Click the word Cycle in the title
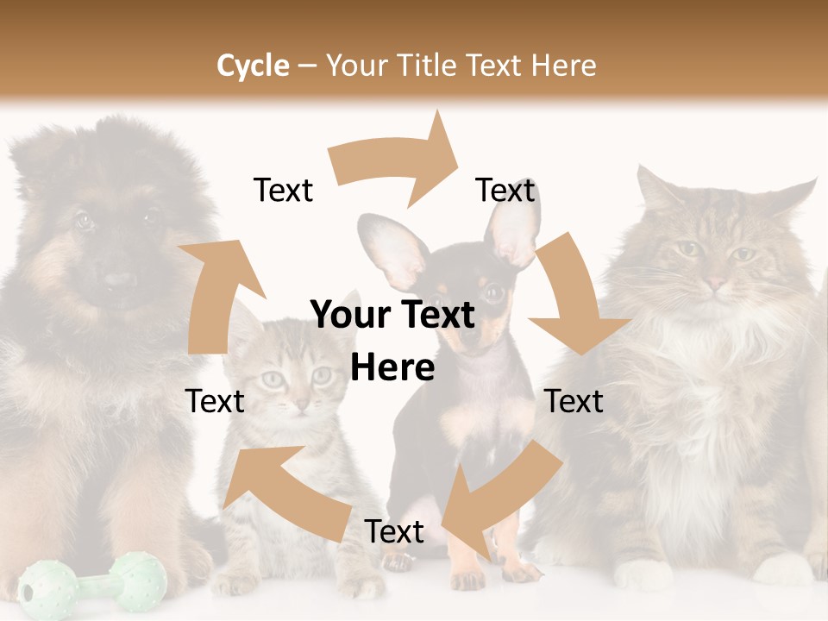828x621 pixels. [x=253, y=66]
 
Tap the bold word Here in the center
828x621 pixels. [x=392, y=368]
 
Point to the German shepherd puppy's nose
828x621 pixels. [x=120, y=280]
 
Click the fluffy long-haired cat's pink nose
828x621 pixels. [x=716, y=282]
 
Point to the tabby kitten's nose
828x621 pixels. [x=299, y=404]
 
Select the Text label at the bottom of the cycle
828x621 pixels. [x=394, y=532]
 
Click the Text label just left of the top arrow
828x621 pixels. [x=283, y=190]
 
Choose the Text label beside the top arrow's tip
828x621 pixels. [x=505, y=190]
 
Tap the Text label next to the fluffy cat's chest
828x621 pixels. [x=574, y=401]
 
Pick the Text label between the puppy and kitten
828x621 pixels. [x=215, y=401]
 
